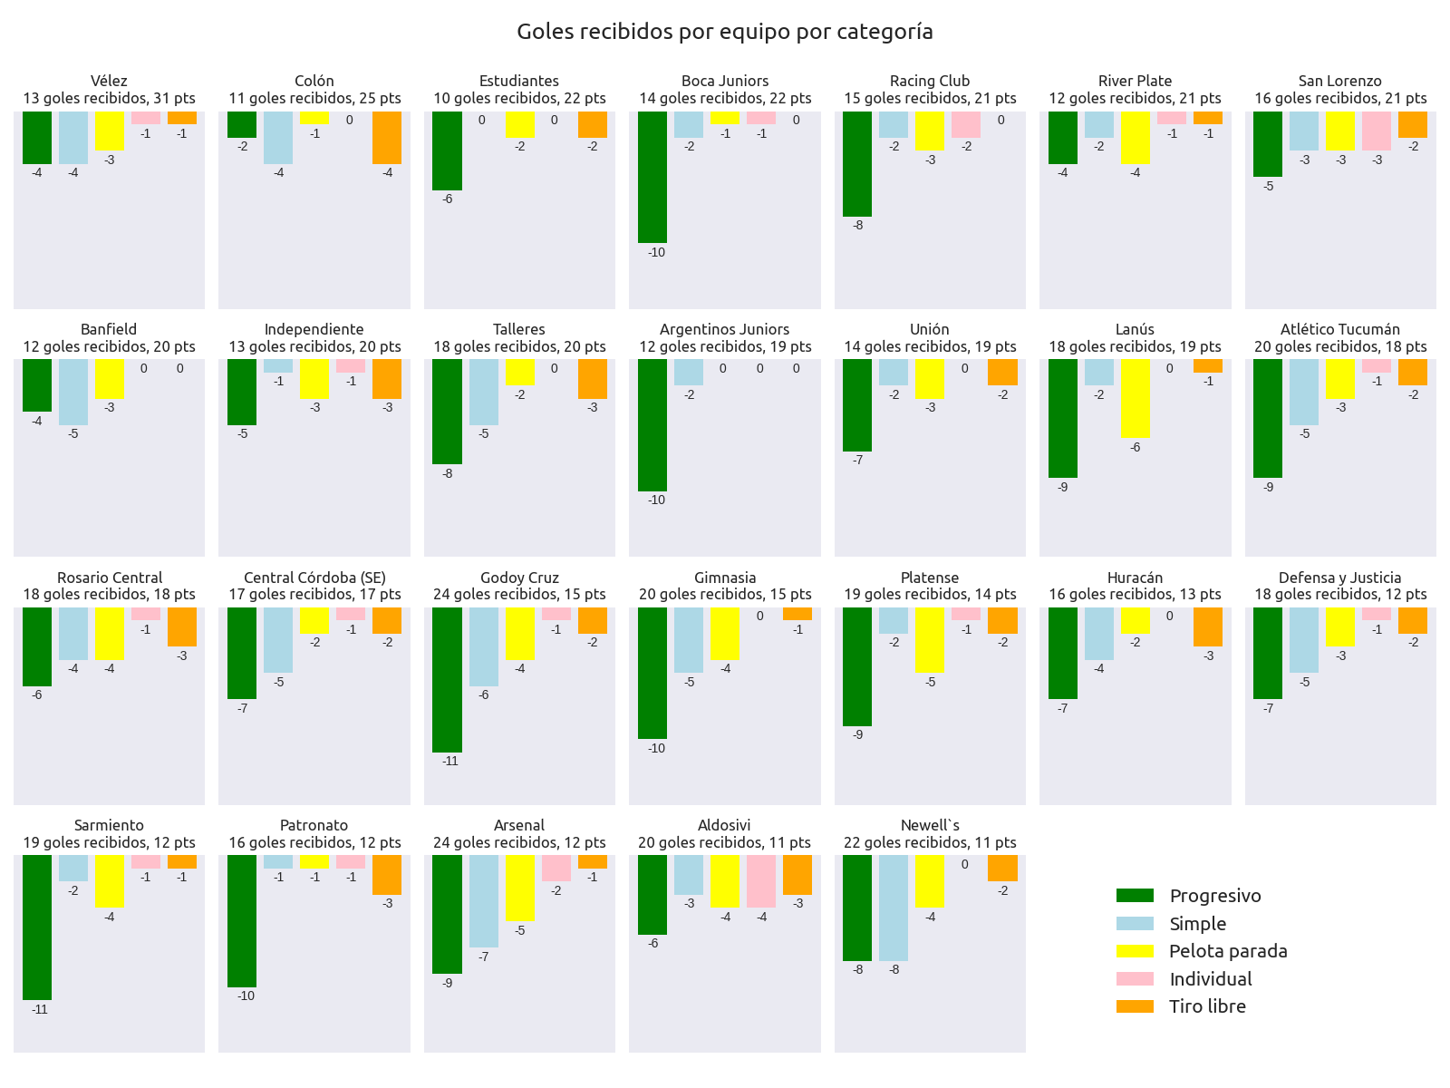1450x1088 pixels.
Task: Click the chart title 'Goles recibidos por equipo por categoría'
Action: pyautogui.click(x=724, y=32)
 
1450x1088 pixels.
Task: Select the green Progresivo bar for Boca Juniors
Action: pyautogui.click(x=652, y=177)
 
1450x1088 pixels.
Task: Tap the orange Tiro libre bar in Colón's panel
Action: pyautogui.click(x=387, y=138)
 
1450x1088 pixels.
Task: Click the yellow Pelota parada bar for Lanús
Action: pyautogui.click(x=1136, y=398)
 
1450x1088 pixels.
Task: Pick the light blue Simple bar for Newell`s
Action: pyautogui.click(x=894, y=908)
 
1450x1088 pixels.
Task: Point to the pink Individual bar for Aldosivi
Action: pyautogui.click(x=761, y=881)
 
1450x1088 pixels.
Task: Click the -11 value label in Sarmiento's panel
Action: pyautogui.click(x=40, y=1009)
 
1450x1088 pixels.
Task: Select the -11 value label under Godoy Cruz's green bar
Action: pyautogui.click(x=450, y=761)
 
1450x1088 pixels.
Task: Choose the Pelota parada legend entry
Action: pyautogui.click(x=1227, y=951)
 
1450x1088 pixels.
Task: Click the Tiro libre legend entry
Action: pyautogui.click(x=1206, y=1006)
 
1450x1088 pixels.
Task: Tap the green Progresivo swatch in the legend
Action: pyautogui.click(x=1135, y=896)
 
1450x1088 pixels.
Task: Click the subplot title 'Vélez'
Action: pyautogui.click(x=109, y=81)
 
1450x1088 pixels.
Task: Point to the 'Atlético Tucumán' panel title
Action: pyautogui.click(x=1339, y=329)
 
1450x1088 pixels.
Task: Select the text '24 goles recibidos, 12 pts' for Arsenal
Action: pyautogui.click(x=519, y=842)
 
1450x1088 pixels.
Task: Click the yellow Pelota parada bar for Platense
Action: pyautogui.click(x=930, y=640)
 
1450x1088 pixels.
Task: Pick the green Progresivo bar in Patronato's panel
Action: pyautogui.click(x=241, y=921)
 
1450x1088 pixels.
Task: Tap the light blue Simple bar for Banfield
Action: pyautogui.click(x=73, y=392)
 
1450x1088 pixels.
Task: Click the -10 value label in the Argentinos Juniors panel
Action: pyautogui.click(x=656, y=500)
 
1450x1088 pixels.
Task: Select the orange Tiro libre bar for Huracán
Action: pyautogui.click(x=1208, y=627)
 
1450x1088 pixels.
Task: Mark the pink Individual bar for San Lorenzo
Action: pyautogui.click(x=1377, y=131)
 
